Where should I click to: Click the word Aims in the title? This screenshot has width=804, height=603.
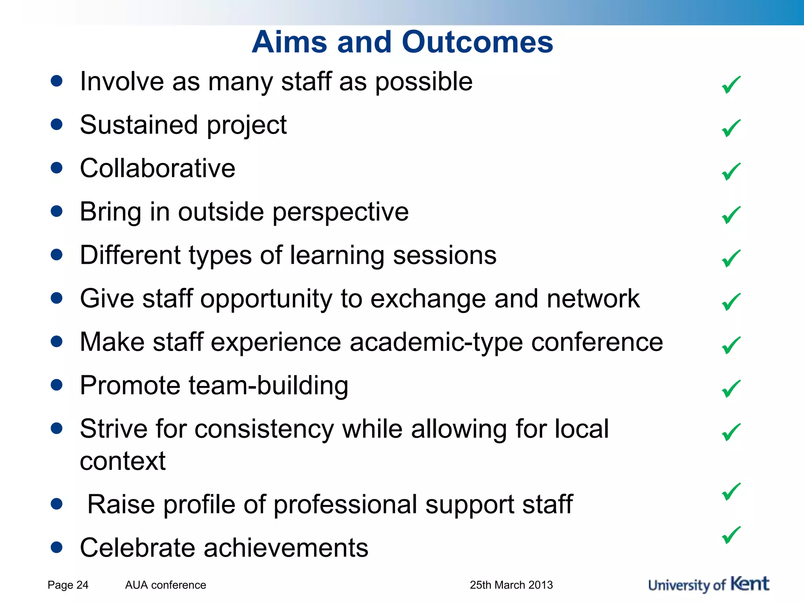click(x=289, y=42)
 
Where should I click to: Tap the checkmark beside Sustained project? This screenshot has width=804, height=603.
click(x=731, y=128)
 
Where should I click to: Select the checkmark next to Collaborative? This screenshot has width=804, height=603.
click(x=731, y=172)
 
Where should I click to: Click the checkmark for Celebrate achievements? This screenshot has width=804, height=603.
click(x=731, y=535)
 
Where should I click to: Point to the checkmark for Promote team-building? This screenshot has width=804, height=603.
click(x=731, y=389)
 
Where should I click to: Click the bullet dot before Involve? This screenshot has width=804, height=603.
click(x=57, y=81)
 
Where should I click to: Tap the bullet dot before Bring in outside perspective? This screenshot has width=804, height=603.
click(x=57, y=212)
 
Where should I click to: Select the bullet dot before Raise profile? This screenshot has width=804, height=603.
click(x=57, y=504)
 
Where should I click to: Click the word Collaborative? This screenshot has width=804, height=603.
click(x=157, y=168)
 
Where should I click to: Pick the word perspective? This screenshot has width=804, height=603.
click(x=340, y=212)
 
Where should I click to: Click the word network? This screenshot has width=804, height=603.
click(x=593, y=299)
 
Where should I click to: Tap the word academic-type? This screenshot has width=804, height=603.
click(x=436, y=342)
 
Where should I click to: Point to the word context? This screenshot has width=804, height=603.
click(x=122, y=461)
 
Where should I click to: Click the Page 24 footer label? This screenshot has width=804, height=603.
click(x=68, y=585)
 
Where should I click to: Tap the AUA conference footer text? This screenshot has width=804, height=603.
click(x=165, y=585)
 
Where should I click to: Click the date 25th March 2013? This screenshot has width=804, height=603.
click(x=511, y=585)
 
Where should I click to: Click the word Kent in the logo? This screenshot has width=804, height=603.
click(x=749, y=584)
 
